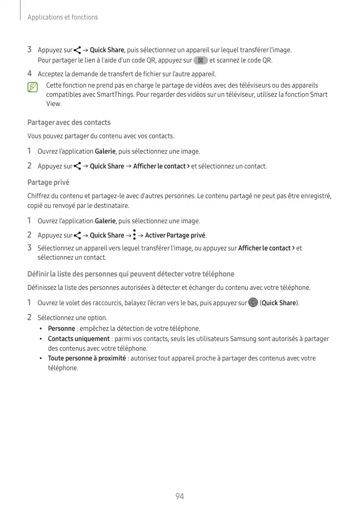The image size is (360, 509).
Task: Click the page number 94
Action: coord(180,496)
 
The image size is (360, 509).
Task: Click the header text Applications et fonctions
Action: coord(62,17)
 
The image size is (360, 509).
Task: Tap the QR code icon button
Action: coord(200,60)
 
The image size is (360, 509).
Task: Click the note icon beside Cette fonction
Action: coord(33,87)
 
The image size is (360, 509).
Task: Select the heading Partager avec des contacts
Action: coord(69,123)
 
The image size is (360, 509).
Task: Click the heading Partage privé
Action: coord(48,182)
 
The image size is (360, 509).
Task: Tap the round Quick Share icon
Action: coord(252,303)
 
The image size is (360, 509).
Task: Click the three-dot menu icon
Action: coord(134,235)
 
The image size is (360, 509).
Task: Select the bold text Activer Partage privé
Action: coord(175,236)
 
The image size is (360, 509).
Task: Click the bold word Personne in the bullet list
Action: coord(61,329)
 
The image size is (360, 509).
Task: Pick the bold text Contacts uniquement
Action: coord(78,339)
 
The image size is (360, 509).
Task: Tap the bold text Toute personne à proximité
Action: coord(87,358)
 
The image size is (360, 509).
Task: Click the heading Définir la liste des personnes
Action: coord(131,274)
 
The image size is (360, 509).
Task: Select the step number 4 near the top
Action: coord(30,74)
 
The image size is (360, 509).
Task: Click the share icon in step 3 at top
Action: coord(77,50)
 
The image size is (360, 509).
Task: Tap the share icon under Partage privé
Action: coord(77,236)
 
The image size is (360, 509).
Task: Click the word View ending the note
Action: coord(53,104)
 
